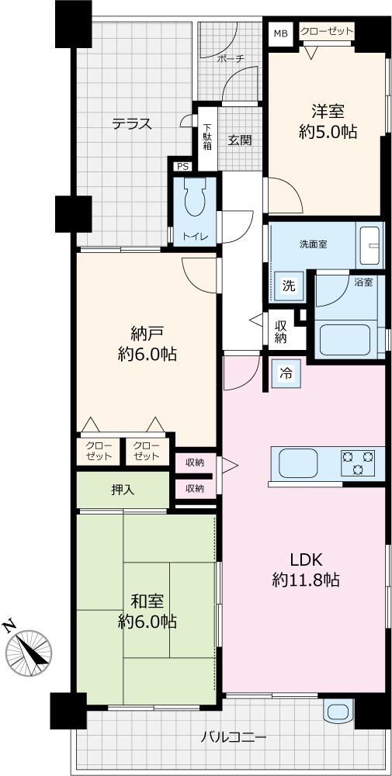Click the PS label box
click(x=182, y=166)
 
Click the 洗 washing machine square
click(x=288, y=285)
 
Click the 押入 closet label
click(x=123, y=490)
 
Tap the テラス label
click(x=131, y=123)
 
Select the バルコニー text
click(x=234, y=738)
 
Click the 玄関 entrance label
click(x=239, y=140)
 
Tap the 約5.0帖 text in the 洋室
click(x=328, y=132)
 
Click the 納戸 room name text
click(x=147, y=334)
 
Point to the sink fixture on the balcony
click(x=338, y=711)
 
